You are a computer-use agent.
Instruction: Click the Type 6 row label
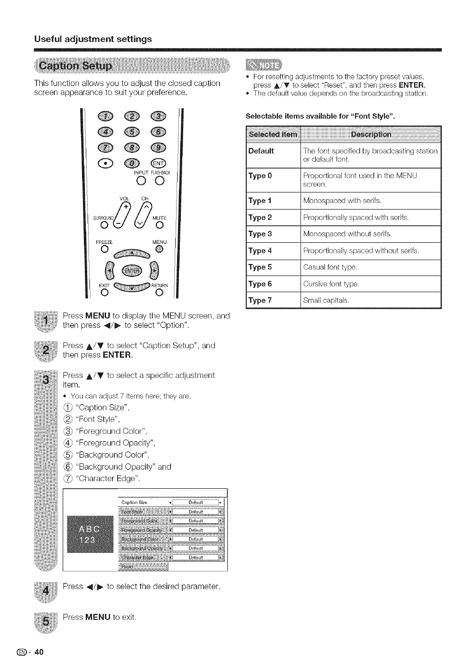pos(261,284)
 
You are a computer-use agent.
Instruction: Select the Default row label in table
pos(261,151)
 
